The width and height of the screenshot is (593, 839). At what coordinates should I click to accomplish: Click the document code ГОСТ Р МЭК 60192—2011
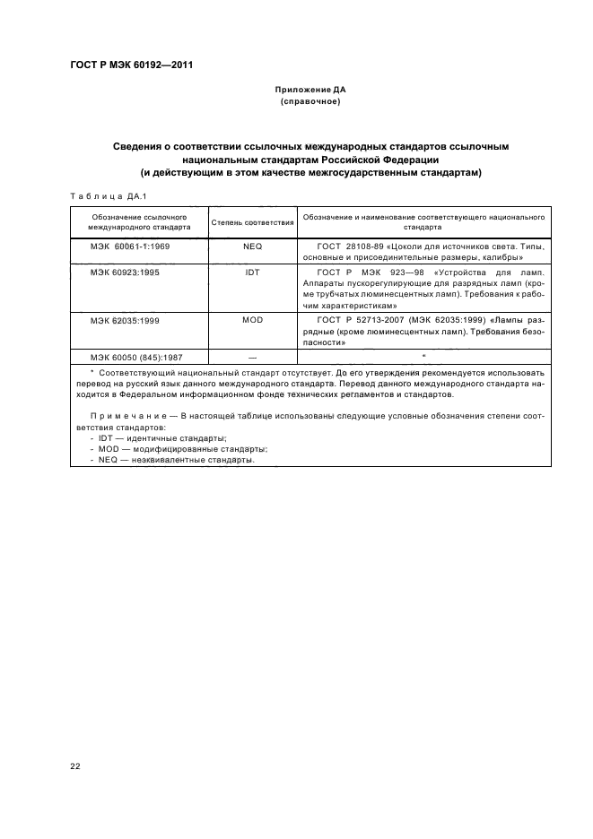[x=133, y=66]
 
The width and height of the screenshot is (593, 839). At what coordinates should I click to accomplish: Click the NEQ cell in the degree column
[x=252, y=245]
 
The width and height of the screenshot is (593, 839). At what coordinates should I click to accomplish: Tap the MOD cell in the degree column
[x=252, y=320]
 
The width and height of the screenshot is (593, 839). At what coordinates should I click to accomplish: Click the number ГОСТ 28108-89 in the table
[x=353, y=245]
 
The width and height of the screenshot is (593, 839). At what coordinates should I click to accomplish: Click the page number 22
[x=75, y=765]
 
